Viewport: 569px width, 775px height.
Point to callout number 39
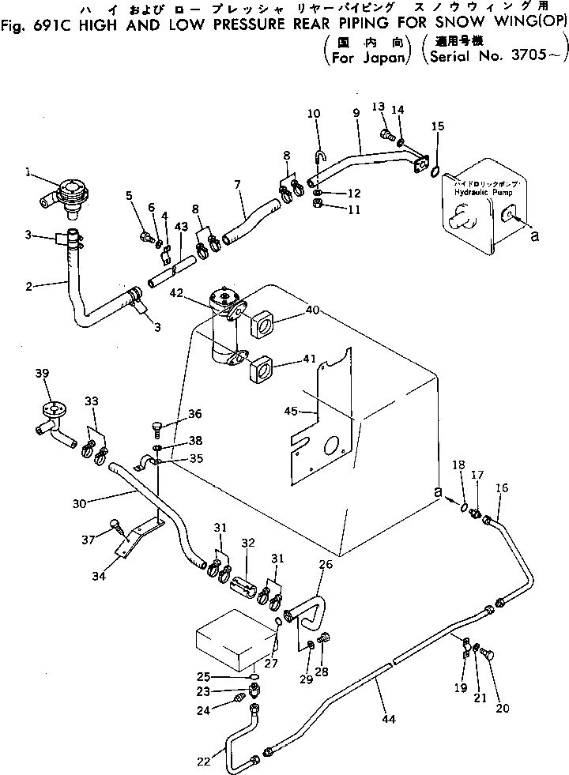click(x=43, y=374)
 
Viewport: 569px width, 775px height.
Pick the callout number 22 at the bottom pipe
click(x=203, y=761)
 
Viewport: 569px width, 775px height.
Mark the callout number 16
click(x=503, y=489)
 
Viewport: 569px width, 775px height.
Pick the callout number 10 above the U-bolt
click(x=314, y=114)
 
